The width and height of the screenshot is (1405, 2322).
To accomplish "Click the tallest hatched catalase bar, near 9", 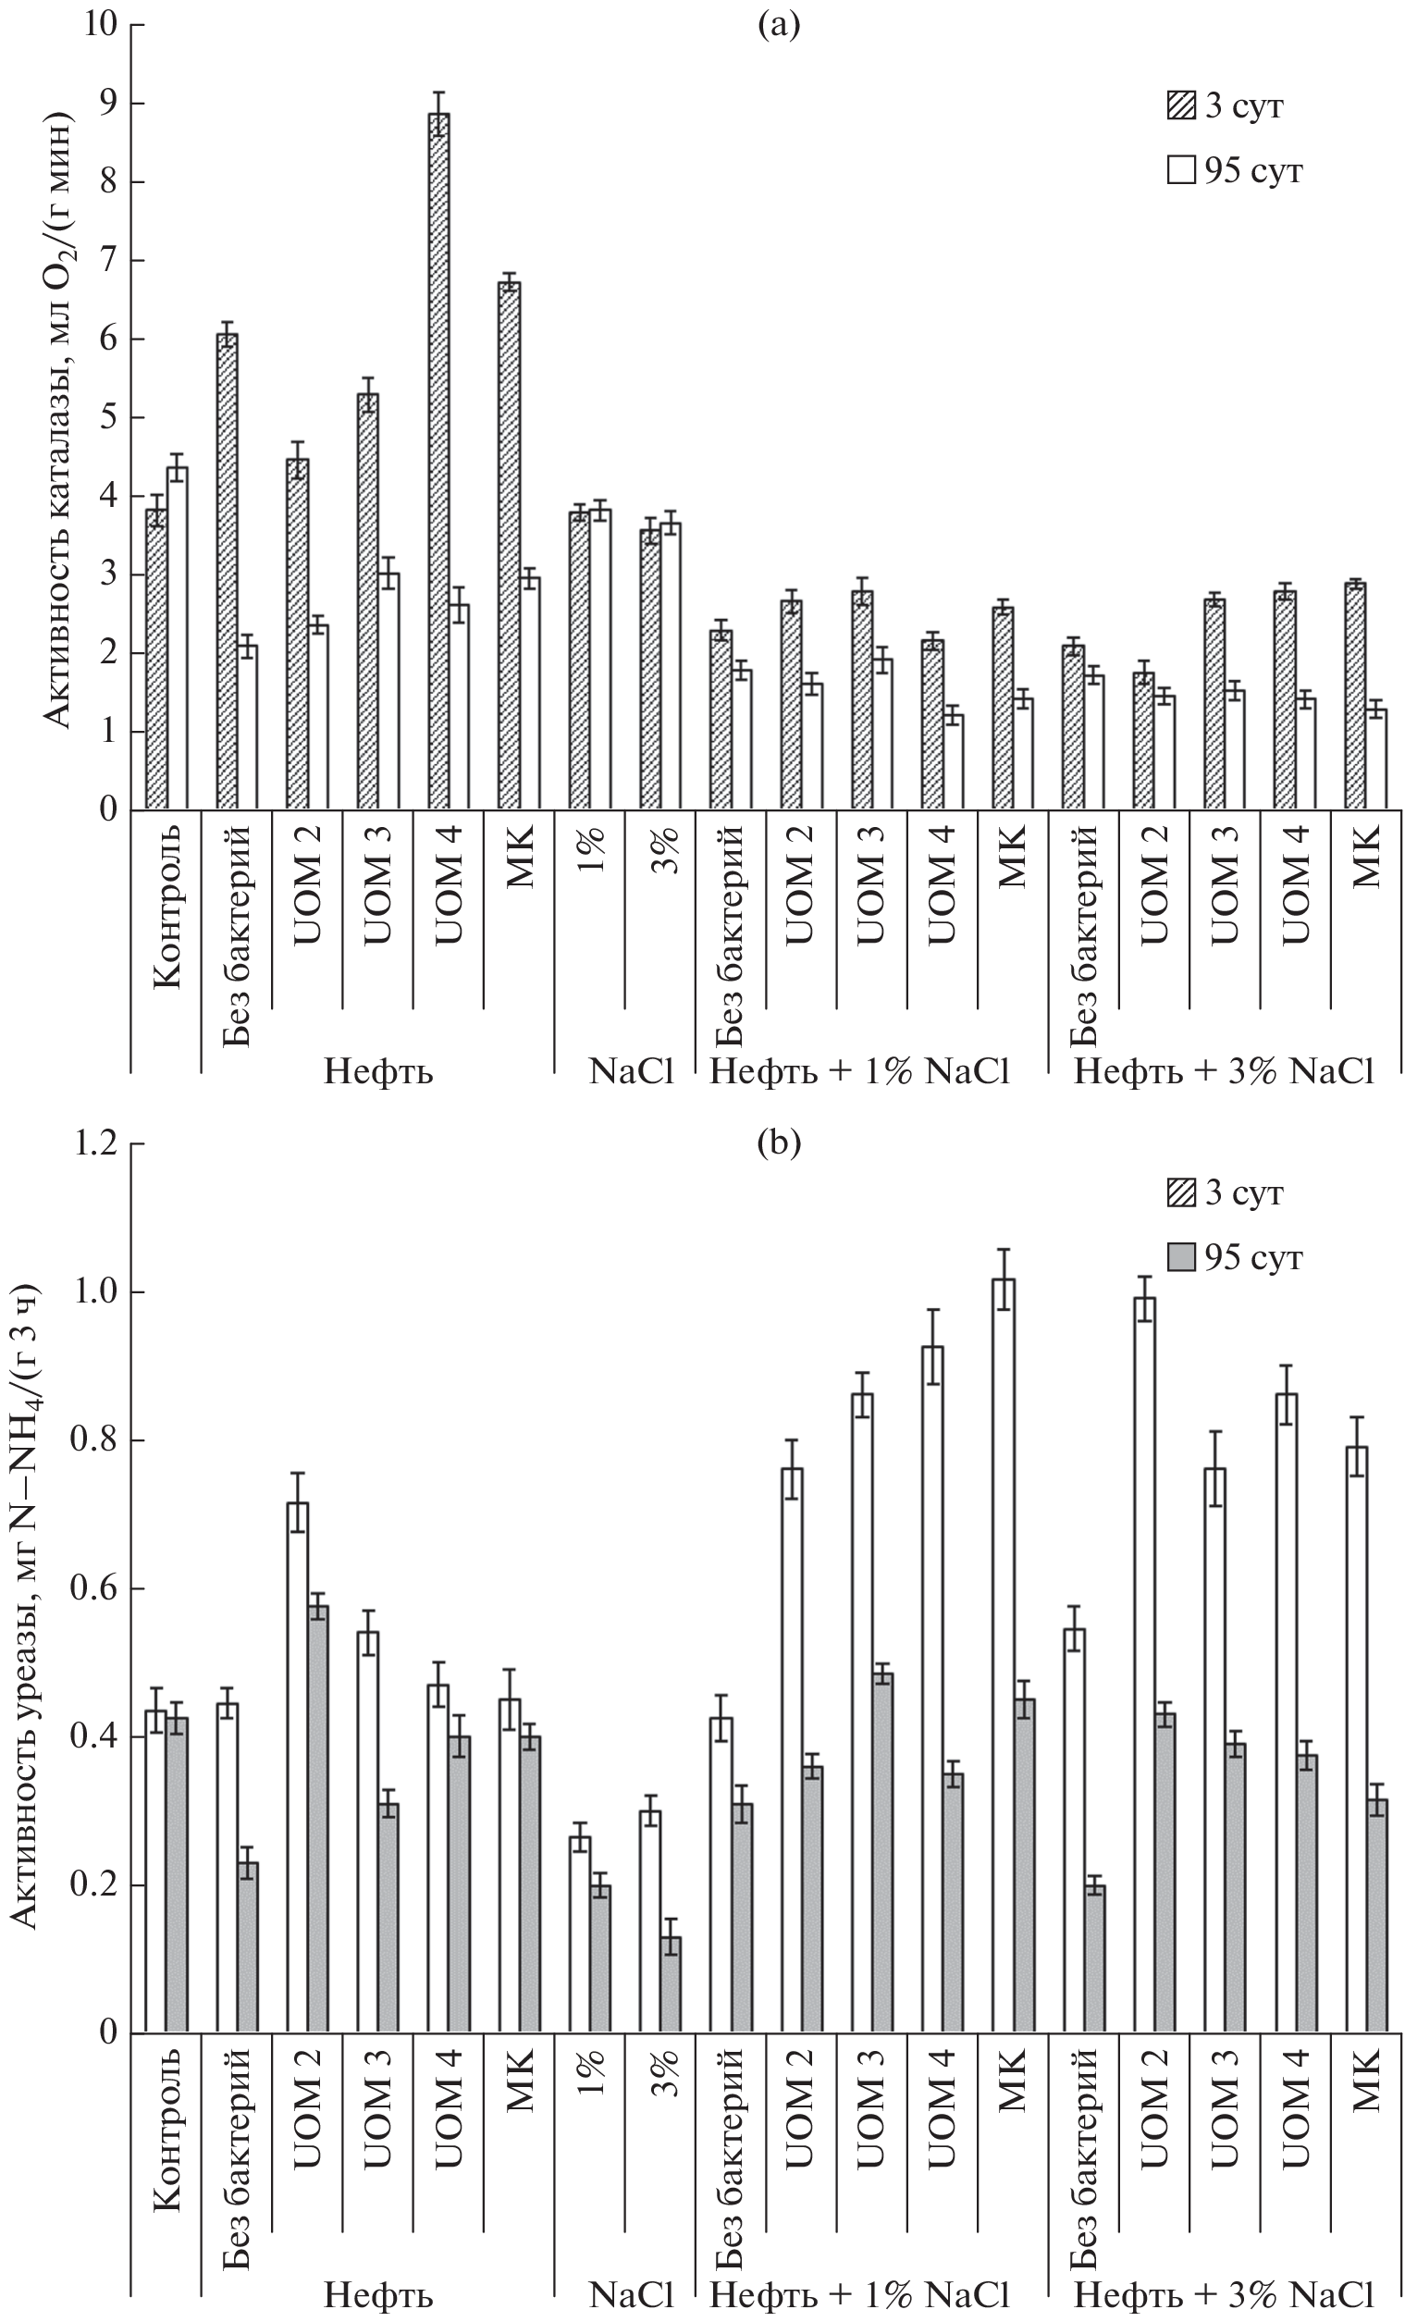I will [x=438, y=462].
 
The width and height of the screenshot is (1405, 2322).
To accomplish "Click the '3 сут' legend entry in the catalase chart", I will [x=1225, y=106].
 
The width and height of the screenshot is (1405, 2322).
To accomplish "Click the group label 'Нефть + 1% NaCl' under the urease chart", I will [x=859, y=2291].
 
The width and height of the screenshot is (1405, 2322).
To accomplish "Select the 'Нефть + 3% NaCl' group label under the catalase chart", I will [x=1223, y=1071].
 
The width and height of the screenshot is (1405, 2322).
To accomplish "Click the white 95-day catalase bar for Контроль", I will [x=177, y=638].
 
